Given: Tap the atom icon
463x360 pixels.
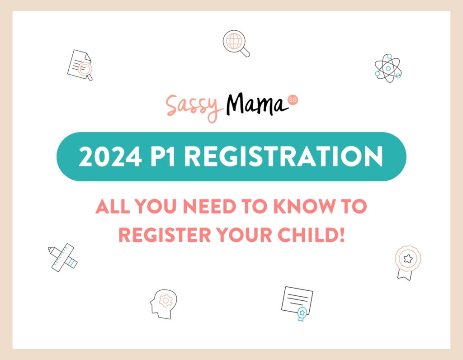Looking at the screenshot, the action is click(x=388, y=68).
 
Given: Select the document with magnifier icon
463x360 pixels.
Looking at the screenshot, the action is click(x=80, y=65).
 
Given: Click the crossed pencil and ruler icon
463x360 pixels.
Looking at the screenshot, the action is click(x=62, y=257).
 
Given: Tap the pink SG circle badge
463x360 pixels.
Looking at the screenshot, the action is click(x=293, y=100).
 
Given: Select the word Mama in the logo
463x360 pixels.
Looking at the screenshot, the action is click(x=257, y=104).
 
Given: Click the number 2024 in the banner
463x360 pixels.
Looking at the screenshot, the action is click(x=110, y=156).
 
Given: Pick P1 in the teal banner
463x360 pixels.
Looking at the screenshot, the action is click(x=162, y=156).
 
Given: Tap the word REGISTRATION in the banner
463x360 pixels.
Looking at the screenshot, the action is click(x=283, y=156).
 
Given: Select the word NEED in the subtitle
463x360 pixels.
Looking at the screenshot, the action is click(x=209, y=206).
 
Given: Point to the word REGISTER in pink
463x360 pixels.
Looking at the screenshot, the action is click(x=165, y=235).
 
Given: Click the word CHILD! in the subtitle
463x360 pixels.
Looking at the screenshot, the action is click(x=311, y=235).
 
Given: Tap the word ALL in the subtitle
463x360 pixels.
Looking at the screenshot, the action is click(x=113, y=206).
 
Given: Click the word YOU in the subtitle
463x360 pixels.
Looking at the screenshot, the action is click(x=156, y=206).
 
